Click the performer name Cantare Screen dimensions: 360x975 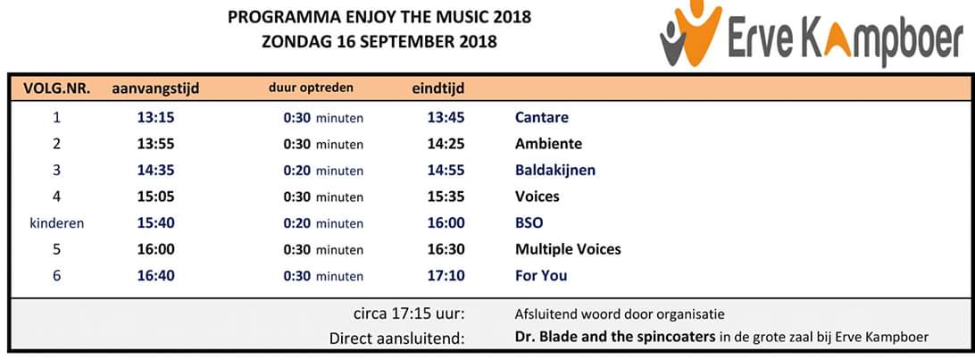point(541,117)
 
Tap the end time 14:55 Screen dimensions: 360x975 point(446,170)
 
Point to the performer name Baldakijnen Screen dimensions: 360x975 point(554,170)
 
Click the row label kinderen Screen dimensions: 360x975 point(57,222)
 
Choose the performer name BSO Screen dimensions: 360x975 point(529,222)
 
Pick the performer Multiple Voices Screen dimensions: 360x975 point(567,249)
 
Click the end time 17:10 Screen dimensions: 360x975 point(446,275)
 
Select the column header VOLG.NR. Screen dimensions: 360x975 point(57,88)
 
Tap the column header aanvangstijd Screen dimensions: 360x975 point(155,88)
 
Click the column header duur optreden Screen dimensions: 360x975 point(311,88)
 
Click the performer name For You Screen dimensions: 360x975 point(540,275)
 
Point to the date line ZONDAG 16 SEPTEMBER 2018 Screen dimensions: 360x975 point(379,40)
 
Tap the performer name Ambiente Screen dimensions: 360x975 point(548,144)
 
